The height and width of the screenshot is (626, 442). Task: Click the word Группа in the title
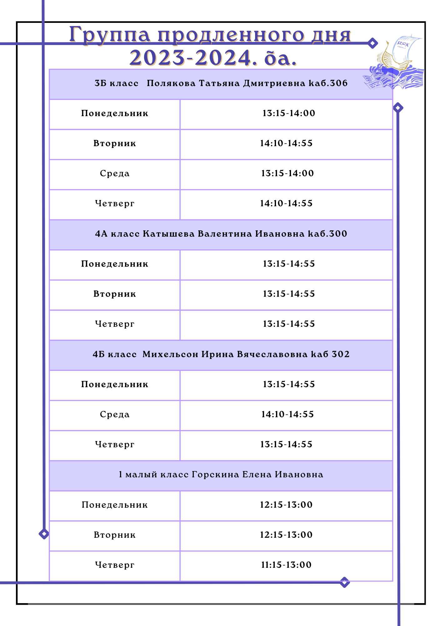click(109, 34)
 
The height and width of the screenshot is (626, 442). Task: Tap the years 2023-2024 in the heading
click(191, 58)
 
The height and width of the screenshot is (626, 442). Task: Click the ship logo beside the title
click(395, 64)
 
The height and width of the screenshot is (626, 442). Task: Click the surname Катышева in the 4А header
click(169, 234)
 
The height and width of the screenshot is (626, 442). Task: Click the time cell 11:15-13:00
click(286, 565)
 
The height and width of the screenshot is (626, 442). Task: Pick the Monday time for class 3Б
click(289, 113)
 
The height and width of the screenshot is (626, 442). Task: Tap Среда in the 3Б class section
click(115, 173)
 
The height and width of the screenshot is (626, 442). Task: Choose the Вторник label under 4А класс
click(115, 294)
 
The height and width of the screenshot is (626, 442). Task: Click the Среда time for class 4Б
click(288, 414)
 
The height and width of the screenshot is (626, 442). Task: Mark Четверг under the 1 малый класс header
click(115, 565)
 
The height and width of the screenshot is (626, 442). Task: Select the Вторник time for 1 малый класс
click(286, 535)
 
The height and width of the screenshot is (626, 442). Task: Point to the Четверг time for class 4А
click(289, 324)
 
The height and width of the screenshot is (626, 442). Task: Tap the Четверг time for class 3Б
click(286, 203)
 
